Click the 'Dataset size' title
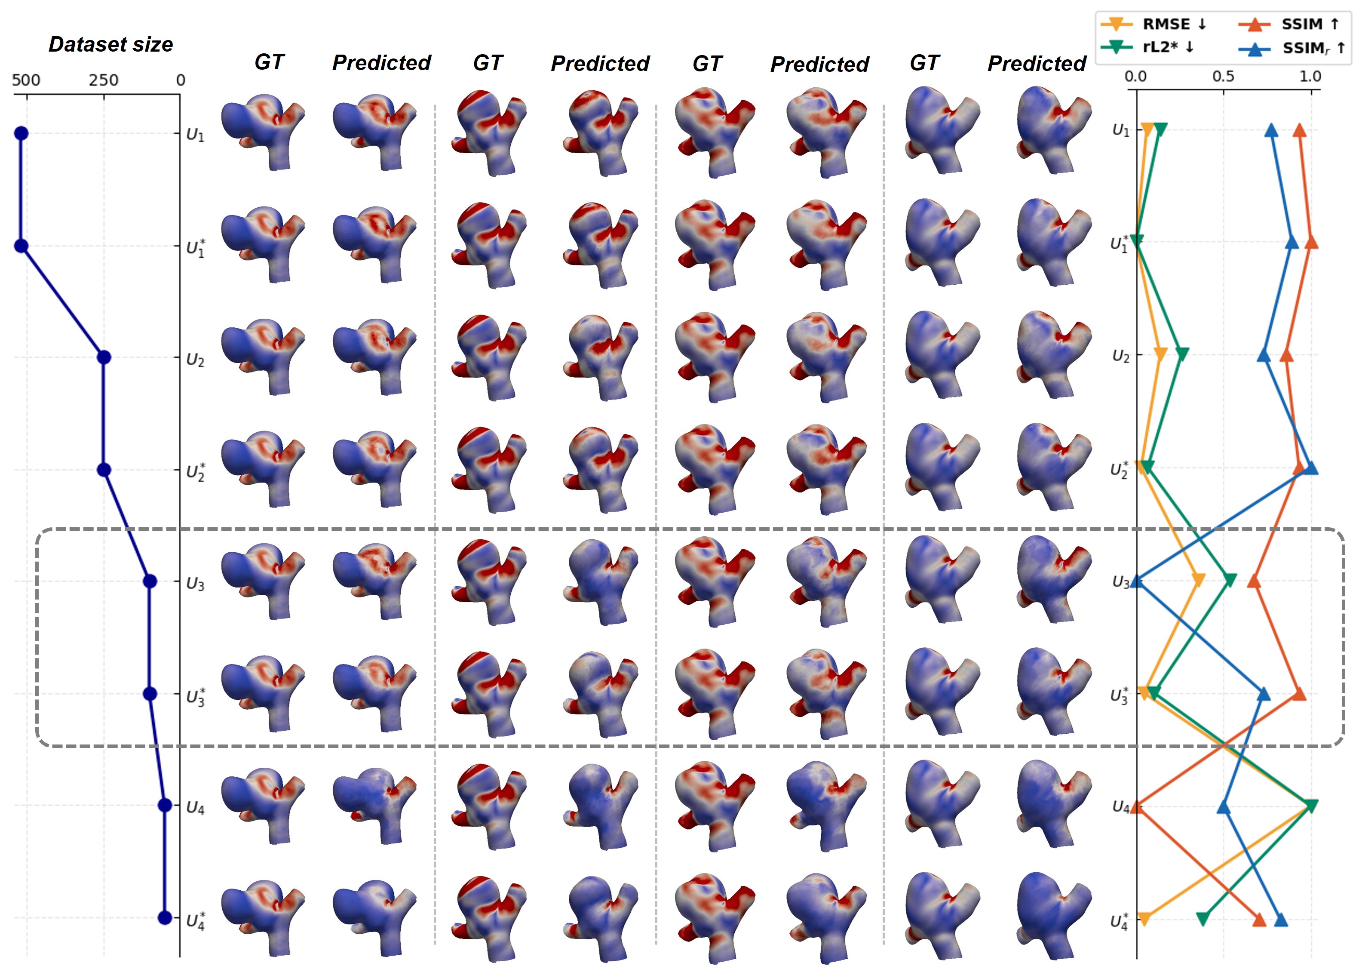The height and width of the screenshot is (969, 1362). coord(110,45)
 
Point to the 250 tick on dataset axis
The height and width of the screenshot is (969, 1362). coord(104,80)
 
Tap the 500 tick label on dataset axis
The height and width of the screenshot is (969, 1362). coord(26,80)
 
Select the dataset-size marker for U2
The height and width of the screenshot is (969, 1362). coord(104,357)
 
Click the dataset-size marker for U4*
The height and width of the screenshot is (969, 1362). coord(165,918)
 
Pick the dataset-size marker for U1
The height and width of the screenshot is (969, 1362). coord(21,133)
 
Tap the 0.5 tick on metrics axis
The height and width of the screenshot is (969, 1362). coord(1223,77)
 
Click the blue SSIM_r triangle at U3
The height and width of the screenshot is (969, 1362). coord(1137,581)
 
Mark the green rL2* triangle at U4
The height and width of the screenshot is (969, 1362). coord(1311,806)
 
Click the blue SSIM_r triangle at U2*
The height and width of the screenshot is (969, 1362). coord(1311,468)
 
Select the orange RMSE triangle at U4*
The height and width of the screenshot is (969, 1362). coord(1144,919)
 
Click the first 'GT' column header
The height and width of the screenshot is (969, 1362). coord(269,62)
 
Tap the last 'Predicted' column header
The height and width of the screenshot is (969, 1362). coord(1037,63)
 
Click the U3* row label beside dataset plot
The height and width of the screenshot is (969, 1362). coord(196,697)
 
